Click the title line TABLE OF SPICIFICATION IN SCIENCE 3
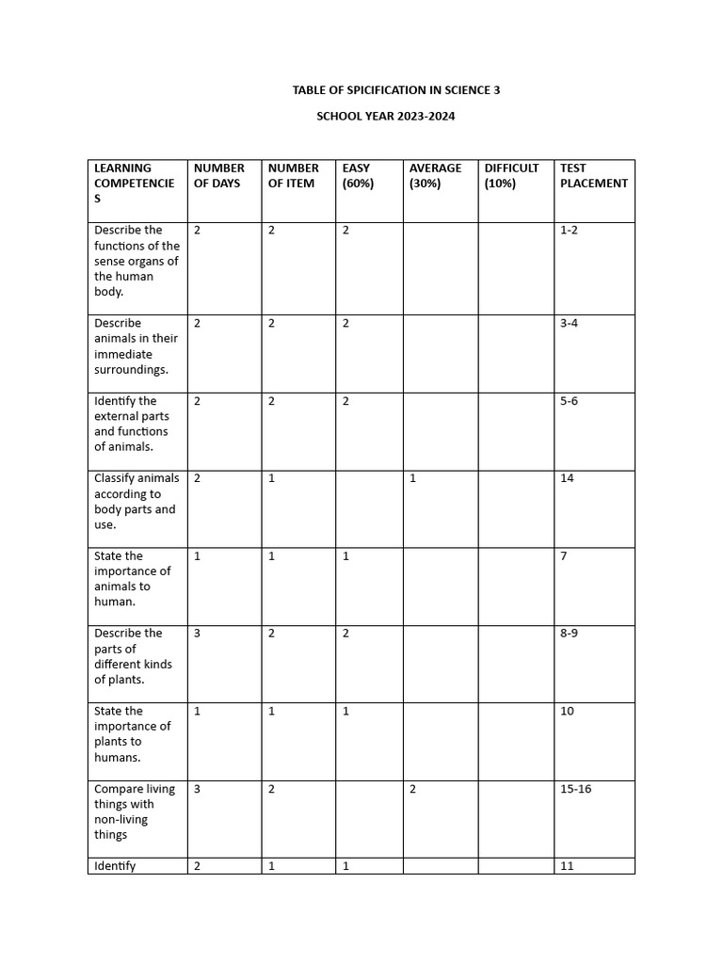(395, 90)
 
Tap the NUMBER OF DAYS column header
(218, 176)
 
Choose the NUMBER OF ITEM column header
(293, 176)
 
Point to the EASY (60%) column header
(358, 176)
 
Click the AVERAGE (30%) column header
(435, 176)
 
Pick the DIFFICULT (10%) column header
(511, 176)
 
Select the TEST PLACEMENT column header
(592, 176)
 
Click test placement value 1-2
(569, 231)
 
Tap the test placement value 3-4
(569, 324)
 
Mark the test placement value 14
(567, 479)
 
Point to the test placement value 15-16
(575, 790)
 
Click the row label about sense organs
(136, 261)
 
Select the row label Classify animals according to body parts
(136, 502)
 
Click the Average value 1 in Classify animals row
(412, 479)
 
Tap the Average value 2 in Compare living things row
(413, 790)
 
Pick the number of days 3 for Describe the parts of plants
(198, 634)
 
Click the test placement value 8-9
(569, 634)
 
